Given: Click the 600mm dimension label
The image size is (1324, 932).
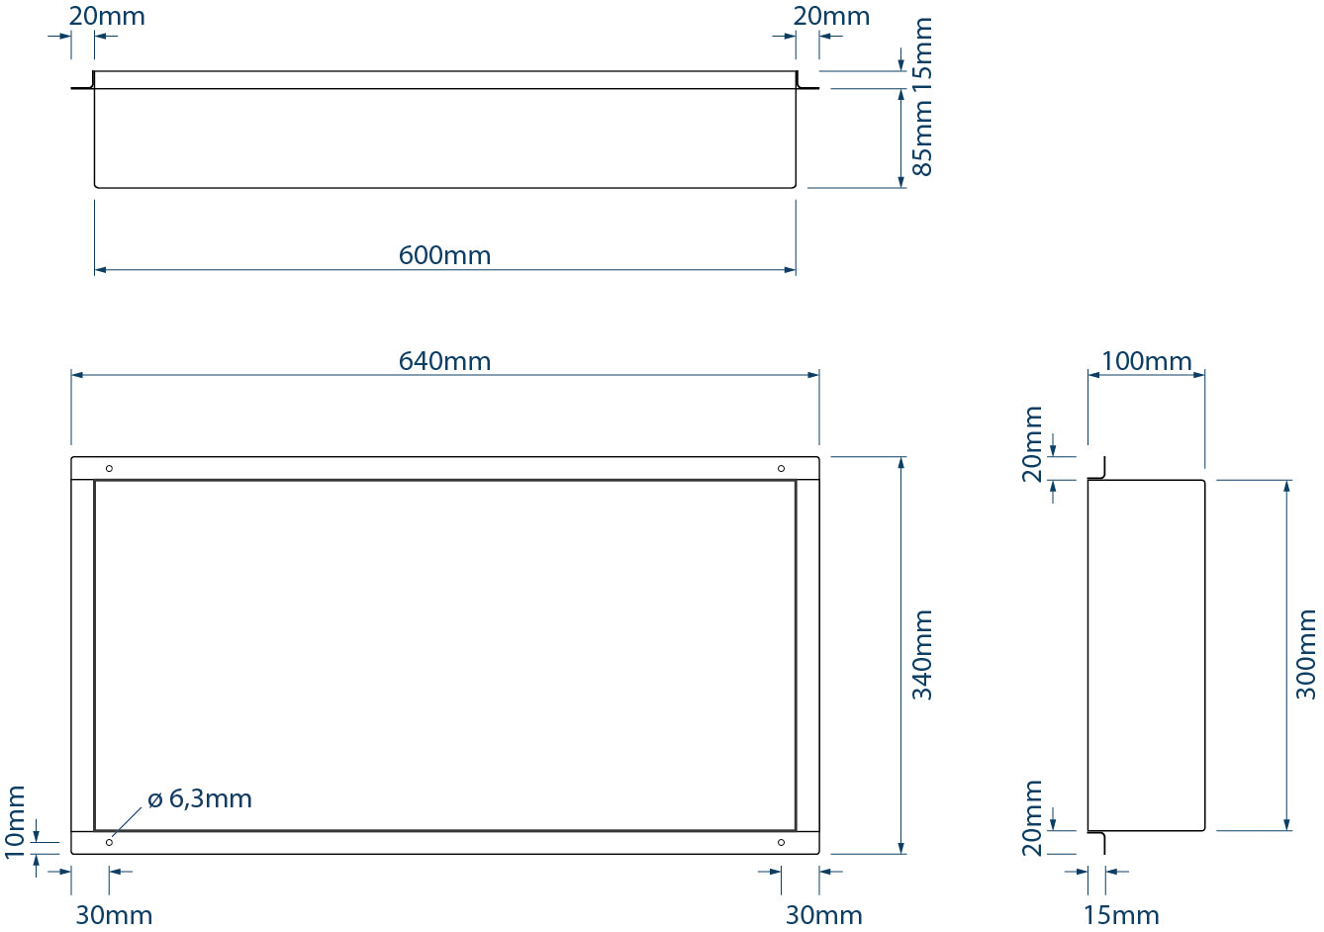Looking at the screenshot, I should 444,255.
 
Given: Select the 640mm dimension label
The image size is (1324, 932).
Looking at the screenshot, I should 444,361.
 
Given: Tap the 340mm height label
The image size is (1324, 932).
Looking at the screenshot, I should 922,655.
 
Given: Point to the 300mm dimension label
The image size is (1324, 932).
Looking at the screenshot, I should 1306,655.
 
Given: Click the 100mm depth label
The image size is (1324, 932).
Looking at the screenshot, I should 1146,361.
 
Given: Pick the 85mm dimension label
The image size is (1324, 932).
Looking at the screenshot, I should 922,140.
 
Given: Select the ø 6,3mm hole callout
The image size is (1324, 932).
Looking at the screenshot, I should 200,798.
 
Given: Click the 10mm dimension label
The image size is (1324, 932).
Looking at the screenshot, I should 15,821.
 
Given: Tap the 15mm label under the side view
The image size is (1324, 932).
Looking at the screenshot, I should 1121,915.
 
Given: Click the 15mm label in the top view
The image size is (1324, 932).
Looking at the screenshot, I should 922,53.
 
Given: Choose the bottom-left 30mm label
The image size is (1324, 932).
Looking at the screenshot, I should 114,915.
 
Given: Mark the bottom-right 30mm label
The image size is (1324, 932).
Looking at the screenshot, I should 824,915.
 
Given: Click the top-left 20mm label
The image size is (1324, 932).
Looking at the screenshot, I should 107,16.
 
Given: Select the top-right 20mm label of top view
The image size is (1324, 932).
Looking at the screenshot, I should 831,16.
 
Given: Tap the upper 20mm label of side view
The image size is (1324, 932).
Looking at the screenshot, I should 1033,443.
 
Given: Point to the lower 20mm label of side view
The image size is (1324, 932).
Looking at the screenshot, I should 1033,817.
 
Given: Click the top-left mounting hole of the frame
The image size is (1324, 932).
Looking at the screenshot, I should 109,468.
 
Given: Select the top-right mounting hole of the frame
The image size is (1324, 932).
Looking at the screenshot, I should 781,468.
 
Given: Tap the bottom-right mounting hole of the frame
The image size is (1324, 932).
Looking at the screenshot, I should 781,842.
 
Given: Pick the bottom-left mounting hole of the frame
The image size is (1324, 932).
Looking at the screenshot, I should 109,842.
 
